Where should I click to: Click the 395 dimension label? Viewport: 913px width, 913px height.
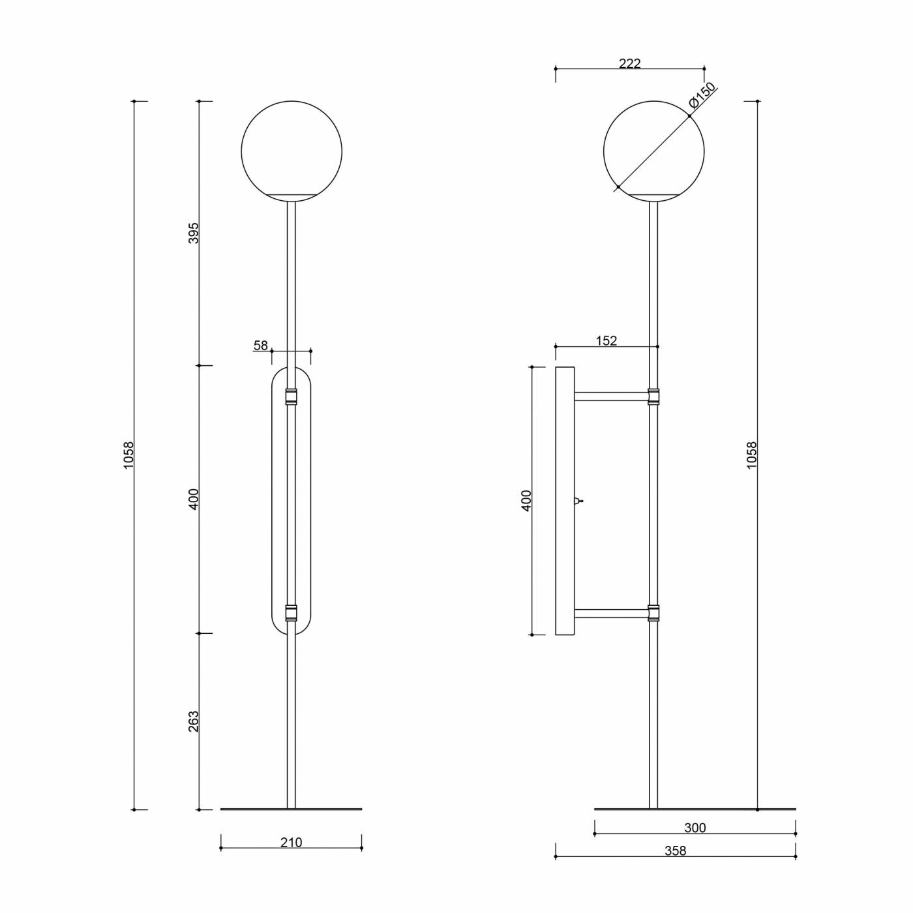[x=194, y=233]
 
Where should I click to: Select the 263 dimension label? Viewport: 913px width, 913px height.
[x=194, y=721]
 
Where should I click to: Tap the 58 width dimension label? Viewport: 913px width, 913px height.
[x=261, y=346]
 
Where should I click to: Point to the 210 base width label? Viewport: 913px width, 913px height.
[x=291, y=843]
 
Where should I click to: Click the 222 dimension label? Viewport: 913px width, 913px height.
[x=630, y=63]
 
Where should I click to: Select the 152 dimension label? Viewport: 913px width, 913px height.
[x=606, y=340]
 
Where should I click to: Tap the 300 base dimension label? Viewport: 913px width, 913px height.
[x=695, y=828]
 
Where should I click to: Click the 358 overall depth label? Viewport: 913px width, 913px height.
[x=675, y=851]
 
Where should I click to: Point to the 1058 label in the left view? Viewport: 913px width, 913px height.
[x=129, y=455]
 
